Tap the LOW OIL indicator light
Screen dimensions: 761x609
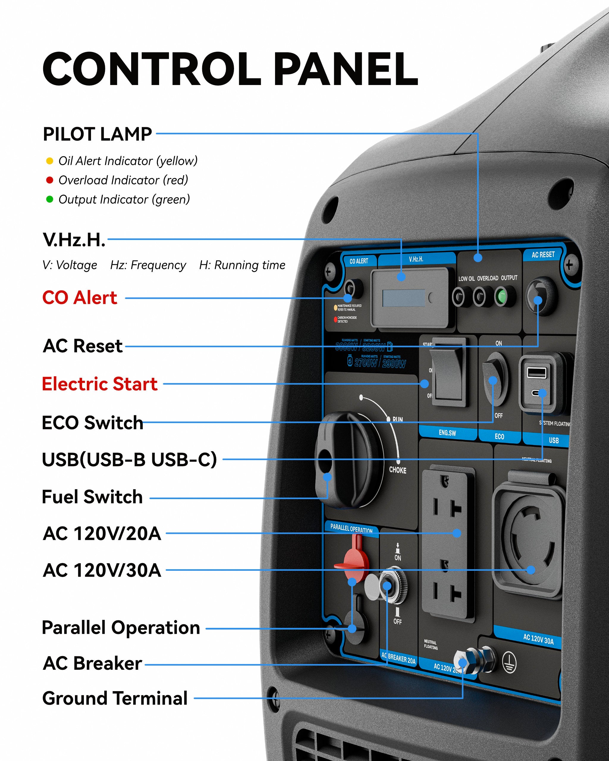(x=458, y=297)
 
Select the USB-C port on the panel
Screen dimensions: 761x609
(x=537, y=393)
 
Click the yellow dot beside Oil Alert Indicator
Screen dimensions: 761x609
(x=50, y=161)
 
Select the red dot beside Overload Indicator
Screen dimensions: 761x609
(x=50, y=180)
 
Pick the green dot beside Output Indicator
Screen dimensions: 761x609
(x=50, y=199)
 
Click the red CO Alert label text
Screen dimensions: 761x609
(x=80, y=298)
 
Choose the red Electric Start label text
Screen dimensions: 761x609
(x=100, y=384)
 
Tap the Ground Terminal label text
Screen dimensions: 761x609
(x=115, y=699)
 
